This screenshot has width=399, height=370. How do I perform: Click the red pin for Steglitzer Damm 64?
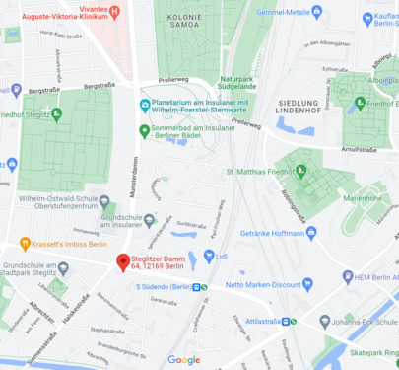click(123, 261)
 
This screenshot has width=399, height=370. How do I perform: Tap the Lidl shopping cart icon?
click(209, 257)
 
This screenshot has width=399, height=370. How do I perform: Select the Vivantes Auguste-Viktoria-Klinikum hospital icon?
click(116, 12)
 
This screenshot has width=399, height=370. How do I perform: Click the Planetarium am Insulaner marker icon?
click(146, 105)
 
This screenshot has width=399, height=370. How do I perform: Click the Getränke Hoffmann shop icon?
click(311, 233)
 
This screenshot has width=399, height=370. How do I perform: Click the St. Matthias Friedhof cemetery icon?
click(301, 171)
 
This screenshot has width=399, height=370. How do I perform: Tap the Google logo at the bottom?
click(183, 360)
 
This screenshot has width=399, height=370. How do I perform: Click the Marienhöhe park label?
click(364, 197)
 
